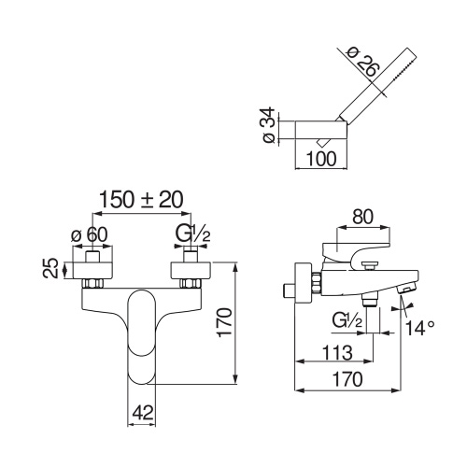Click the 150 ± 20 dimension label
(141, 200)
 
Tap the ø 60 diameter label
(90, 234)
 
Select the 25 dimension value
(50, 267)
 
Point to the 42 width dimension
(143, 413)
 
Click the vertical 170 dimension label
(224, 322)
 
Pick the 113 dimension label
(337, 353)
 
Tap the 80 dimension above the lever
(362, 217)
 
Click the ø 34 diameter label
(269, 125)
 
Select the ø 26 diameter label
(363, 62)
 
